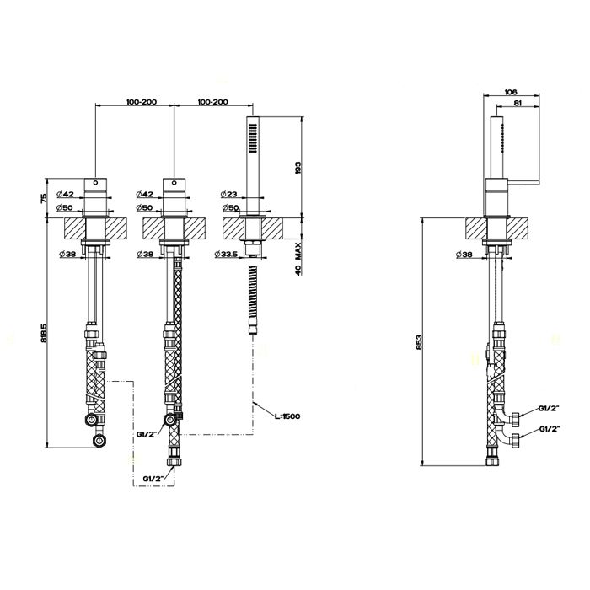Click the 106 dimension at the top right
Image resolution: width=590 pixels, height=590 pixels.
point(512,91)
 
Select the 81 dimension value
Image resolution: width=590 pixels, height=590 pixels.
point(518,103)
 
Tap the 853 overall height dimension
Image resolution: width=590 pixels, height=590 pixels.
point(420,342)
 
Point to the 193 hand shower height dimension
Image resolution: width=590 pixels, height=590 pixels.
point(298,168)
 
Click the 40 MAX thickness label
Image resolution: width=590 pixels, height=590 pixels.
point(298,259)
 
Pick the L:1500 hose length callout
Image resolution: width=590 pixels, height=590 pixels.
point(287,416)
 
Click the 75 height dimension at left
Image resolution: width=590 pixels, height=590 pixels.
point(43,198)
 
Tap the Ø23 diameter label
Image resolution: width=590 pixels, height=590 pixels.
point(229,194)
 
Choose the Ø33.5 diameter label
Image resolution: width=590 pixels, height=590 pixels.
point(226,255)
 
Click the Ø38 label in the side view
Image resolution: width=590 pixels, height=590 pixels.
point(464,255)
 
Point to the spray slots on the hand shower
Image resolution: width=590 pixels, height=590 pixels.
point(253,139)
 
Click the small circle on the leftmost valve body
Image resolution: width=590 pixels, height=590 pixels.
point(95,183)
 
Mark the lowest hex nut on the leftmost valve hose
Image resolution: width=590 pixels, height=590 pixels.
point(99,440)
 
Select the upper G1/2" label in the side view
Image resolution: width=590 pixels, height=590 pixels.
point(550,408)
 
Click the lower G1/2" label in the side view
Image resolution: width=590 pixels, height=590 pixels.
point(550,428)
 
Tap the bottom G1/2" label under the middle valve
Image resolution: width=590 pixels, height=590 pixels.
point(153,479)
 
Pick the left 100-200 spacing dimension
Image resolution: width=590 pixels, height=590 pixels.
point(142,102)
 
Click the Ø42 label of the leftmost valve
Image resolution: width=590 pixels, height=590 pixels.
point(66,194)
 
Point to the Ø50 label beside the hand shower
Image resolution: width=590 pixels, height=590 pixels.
point(231,207)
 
